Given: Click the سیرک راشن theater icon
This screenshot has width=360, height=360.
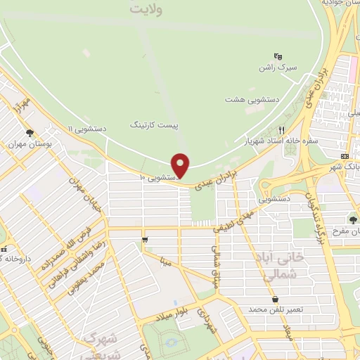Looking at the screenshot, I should [278, 56].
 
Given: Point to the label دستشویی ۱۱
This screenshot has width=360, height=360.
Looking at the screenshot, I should [87, 129].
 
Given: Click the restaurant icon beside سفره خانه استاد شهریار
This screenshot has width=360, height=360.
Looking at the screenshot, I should [281, 130].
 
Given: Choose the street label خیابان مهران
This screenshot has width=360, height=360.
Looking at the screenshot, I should [82, 191].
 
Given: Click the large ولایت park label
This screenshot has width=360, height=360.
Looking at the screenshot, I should [153, 10].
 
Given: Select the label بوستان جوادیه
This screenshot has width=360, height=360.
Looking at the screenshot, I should [341, 3].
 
